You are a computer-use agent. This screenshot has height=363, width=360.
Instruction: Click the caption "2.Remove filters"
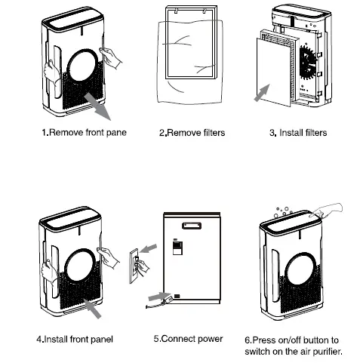click(192, 133)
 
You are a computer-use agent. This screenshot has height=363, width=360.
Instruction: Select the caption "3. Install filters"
click(298, 133)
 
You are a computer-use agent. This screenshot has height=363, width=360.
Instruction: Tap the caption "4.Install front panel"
click(75, 339)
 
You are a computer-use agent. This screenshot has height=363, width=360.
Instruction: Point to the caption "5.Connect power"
click(188, 339)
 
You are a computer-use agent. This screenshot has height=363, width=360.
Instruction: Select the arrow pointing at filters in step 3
click(260, 94)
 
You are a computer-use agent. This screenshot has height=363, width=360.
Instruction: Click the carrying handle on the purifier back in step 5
click(194, 223)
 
